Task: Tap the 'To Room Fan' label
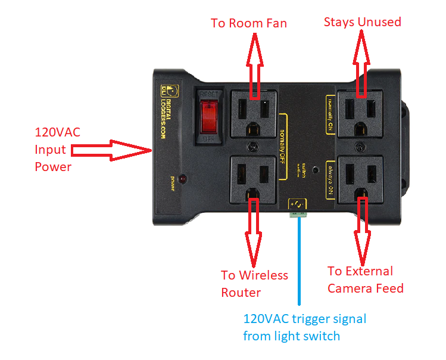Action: (249, 23)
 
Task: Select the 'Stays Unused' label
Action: (362, 22)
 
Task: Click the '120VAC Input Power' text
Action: (53, 149)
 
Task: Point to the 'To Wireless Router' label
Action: (254, 284)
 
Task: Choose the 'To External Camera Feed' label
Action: (365, 280)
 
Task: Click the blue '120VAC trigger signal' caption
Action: (304, 327)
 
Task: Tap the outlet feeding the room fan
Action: (253, 113)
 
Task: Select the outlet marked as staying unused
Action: (360, 113)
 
